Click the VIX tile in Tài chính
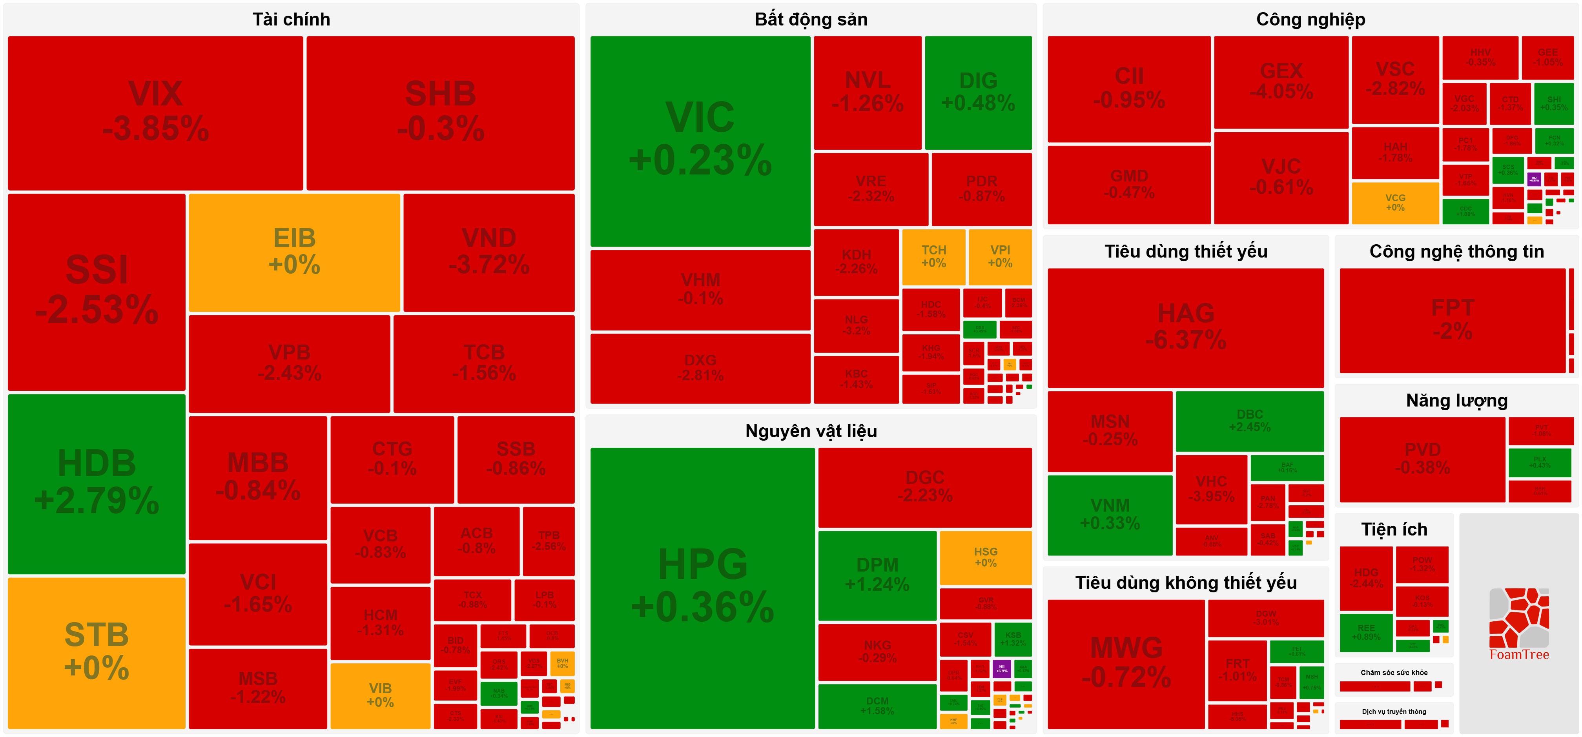155,112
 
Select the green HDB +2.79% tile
97,484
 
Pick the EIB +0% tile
294,252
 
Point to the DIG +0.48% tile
978,92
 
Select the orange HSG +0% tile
985,557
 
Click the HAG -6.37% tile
1185,327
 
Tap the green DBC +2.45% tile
1249,421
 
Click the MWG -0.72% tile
1126,663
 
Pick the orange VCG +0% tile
1395,203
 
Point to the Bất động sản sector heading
811,20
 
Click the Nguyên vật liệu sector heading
811,431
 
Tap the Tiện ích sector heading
1394,530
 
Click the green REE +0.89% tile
1366,632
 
